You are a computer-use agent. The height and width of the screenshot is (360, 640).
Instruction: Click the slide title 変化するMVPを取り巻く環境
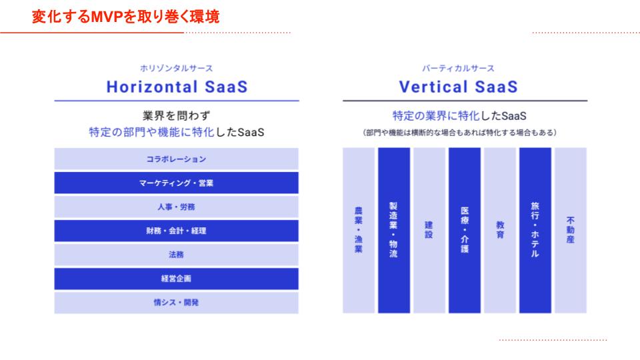pos(126,17)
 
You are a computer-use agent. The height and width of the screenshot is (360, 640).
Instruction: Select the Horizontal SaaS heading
pos(177,87)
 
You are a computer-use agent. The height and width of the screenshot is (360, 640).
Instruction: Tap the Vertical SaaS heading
pos(459,87)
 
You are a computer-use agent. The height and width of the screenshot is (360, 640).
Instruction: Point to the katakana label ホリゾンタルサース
pos(176,68)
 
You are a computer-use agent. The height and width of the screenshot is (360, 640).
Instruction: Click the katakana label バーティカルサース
pos(459,68)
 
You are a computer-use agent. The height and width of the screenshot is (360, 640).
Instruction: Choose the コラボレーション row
pos(176,159)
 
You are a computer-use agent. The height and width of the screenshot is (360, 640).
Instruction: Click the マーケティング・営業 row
pos(176,183)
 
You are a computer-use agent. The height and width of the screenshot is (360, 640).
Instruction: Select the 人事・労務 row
pos(176,207)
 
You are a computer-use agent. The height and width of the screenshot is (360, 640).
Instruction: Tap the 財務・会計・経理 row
pos(176,231)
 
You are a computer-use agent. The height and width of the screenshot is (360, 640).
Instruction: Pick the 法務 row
pos(176,255)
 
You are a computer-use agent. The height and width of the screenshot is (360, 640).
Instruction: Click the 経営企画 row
pos(176,279)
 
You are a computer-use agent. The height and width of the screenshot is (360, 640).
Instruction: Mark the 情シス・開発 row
pos(176,303)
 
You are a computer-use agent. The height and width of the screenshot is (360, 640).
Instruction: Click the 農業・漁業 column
pos(359,231)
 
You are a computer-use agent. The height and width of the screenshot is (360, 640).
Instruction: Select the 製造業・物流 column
pos(394,231)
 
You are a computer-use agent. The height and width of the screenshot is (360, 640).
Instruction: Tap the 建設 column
pos(429,231)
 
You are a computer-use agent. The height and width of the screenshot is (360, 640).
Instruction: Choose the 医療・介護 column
pos(465,231)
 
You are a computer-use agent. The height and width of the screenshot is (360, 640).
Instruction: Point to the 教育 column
pos(500,231)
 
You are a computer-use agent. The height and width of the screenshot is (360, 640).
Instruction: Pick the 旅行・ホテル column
pos(535,231)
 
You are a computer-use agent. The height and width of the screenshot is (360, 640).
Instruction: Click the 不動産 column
pos(571,231)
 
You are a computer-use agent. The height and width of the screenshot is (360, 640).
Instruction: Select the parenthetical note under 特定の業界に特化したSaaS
pos(459,133)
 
